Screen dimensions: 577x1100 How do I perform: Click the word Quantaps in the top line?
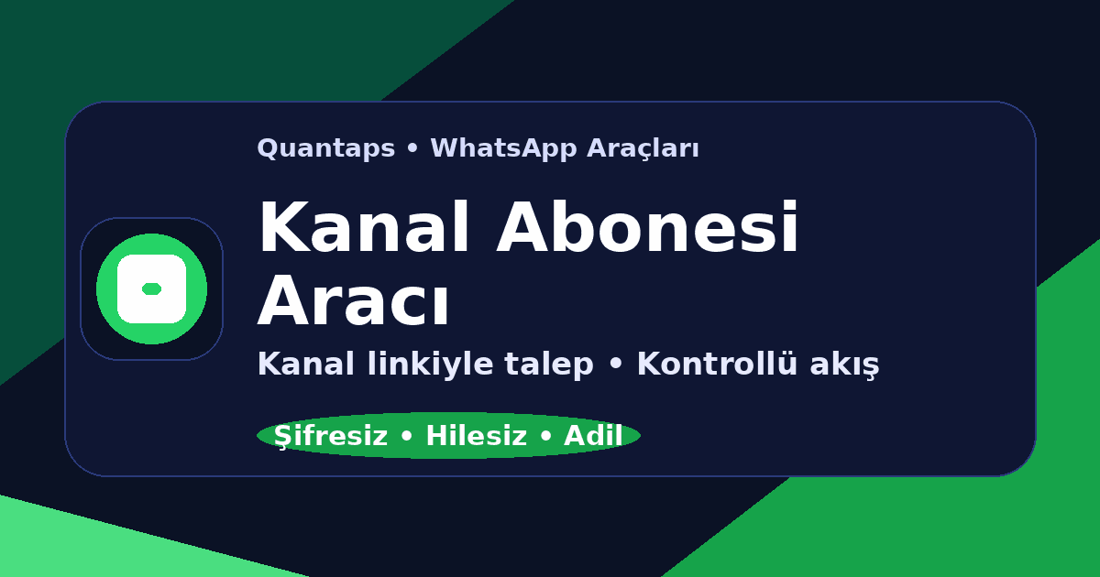tap(325, 148)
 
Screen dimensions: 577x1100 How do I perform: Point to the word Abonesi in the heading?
tap(648, 229)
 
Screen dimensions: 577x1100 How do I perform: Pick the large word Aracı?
tap(354, 301)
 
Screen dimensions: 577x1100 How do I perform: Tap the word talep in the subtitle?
tap(558, 365)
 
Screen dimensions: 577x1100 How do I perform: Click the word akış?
tap(843, 365)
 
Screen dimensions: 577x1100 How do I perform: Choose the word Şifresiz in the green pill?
tap(330, 437)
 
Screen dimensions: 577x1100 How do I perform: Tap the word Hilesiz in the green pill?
tap(476, 437)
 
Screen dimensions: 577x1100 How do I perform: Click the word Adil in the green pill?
tap(593, 437)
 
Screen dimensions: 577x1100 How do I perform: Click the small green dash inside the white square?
tap(151, 288)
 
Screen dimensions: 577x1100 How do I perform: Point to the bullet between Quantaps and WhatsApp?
tap(412, 149)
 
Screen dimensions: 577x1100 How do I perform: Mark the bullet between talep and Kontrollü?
tap(615, 365)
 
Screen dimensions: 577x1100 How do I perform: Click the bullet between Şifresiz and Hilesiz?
tap(406, 438)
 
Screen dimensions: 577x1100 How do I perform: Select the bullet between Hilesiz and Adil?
tap(545, 438)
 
